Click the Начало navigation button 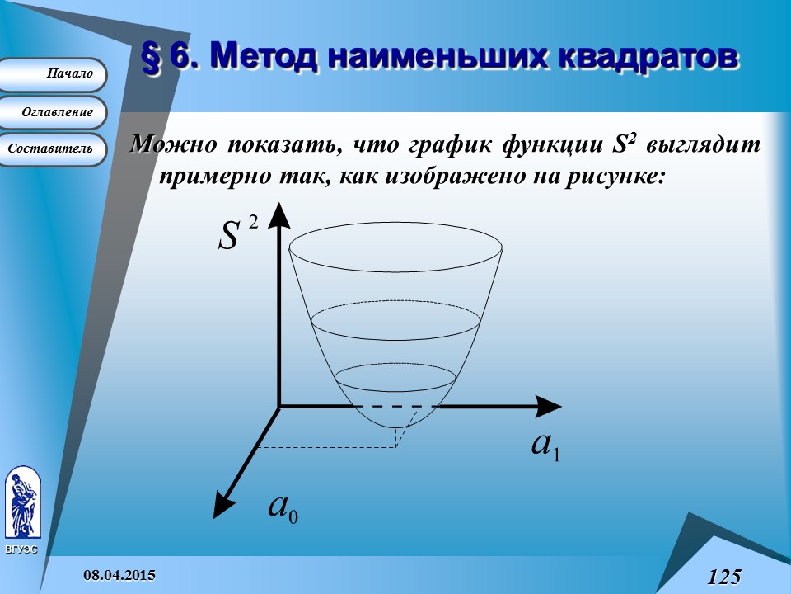(54, 74)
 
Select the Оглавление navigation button (54, 112)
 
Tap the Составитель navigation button (51, 149)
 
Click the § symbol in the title (152, 56)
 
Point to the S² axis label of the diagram (233, 233)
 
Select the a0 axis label (283, 507)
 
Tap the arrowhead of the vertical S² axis (279, 214)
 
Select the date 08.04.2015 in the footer (121, 574)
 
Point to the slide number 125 (723, 577)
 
